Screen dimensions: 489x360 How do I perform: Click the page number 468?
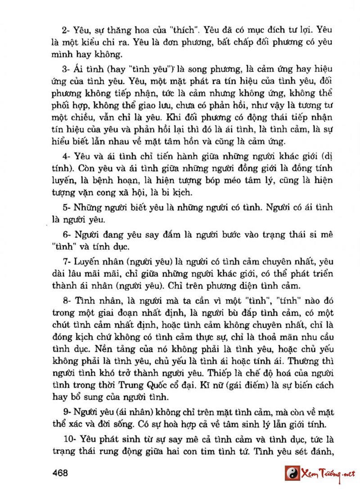pyautogui.click(x=60, y=473)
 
